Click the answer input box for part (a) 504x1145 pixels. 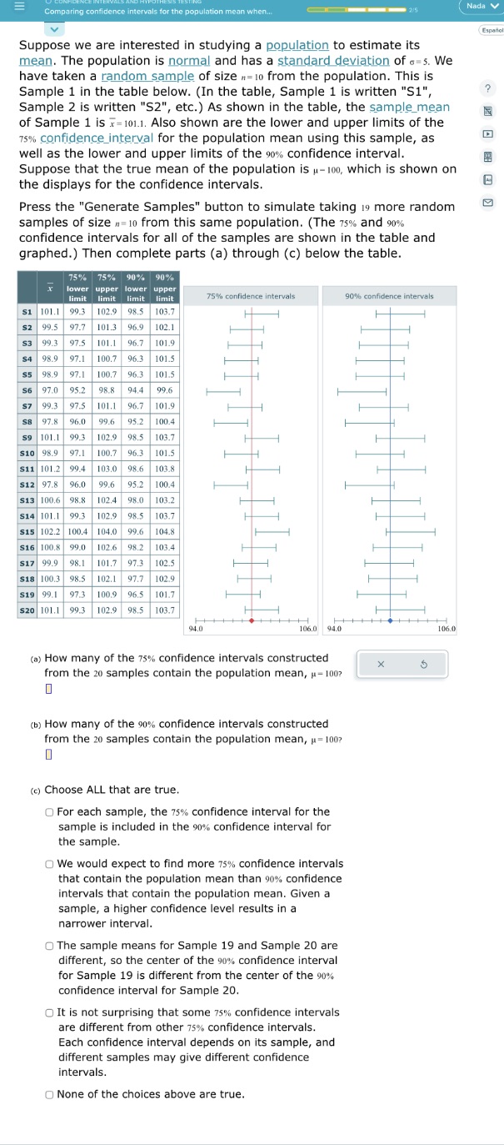[x=48, y=688]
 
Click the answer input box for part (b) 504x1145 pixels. [x=48, y=755]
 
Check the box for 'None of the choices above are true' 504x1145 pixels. [x=51, y=1094]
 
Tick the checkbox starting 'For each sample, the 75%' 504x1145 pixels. [x=51, y=811]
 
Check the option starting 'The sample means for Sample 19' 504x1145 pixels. [x=51, y=945]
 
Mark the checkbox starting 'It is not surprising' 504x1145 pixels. [x=51, y=1012]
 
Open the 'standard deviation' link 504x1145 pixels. [x=333, y=61]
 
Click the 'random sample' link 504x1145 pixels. [x=142, y=76]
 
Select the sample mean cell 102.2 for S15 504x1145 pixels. [x=51, y=530]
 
